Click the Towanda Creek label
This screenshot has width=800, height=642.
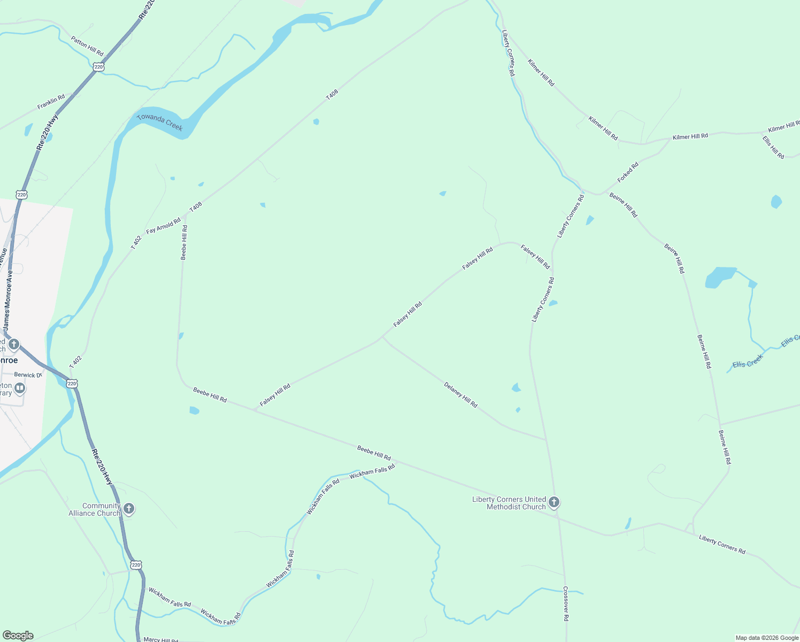pos(160,122)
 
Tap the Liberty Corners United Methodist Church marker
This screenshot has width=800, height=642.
pos(554,502)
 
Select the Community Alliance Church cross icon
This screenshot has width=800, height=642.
pos(128,508)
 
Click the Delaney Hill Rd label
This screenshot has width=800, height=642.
pos(460,395)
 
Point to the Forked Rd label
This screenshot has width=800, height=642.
pos(628,172)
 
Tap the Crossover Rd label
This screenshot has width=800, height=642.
pos(566,603)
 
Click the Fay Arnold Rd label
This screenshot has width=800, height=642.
pos(163,226)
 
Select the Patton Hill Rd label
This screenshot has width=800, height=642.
pos(87,46)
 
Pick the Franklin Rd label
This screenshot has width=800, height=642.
pos(51,102)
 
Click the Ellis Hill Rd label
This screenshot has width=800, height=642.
pos(773,147)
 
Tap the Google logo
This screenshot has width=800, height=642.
pos(18,636)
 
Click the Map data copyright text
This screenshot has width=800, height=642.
pos(767,638)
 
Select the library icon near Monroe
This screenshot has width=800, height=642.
pos(20,388)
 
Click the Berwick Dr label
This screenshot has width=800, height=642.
pos(28,375)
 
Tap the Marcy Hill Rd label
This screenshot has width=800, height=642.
pos(160,640)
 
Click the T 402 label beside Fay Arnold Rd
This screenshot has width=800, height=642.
pos(136,242)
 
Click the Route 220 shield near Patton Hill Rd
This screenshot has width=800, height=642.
pos(97,67)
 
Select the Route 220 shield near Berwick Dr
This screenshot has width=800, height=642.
pos(72,384)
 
